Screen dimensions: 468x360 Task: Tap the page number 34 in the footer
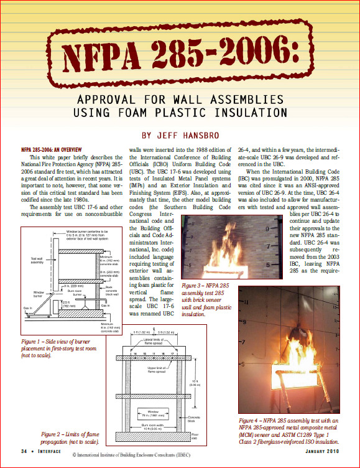coord(24,451)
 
